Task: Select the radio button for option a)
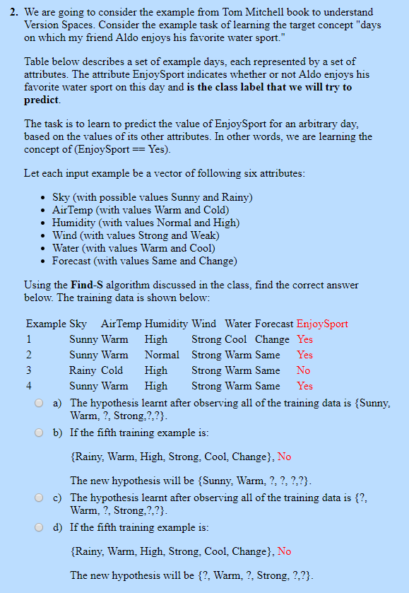point(40,403)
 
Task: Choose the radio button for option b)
point(40,433)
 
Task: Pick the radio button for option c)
point(40,498)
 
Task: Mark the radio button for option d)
point(40,527)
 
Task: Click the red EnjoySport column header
point(322,324)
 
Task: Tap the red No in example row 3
point(303,370)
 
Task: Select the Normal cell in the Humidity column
point(161,355)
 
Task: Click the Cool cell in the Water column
point(237,339)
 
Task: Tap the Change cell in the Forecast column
point(272,339)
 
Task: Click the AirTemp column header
point(121,324)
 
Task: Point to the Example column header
point(45,324)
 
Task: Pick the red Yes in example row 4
point(304,386)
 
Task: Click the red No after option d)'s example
point(284,551)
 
